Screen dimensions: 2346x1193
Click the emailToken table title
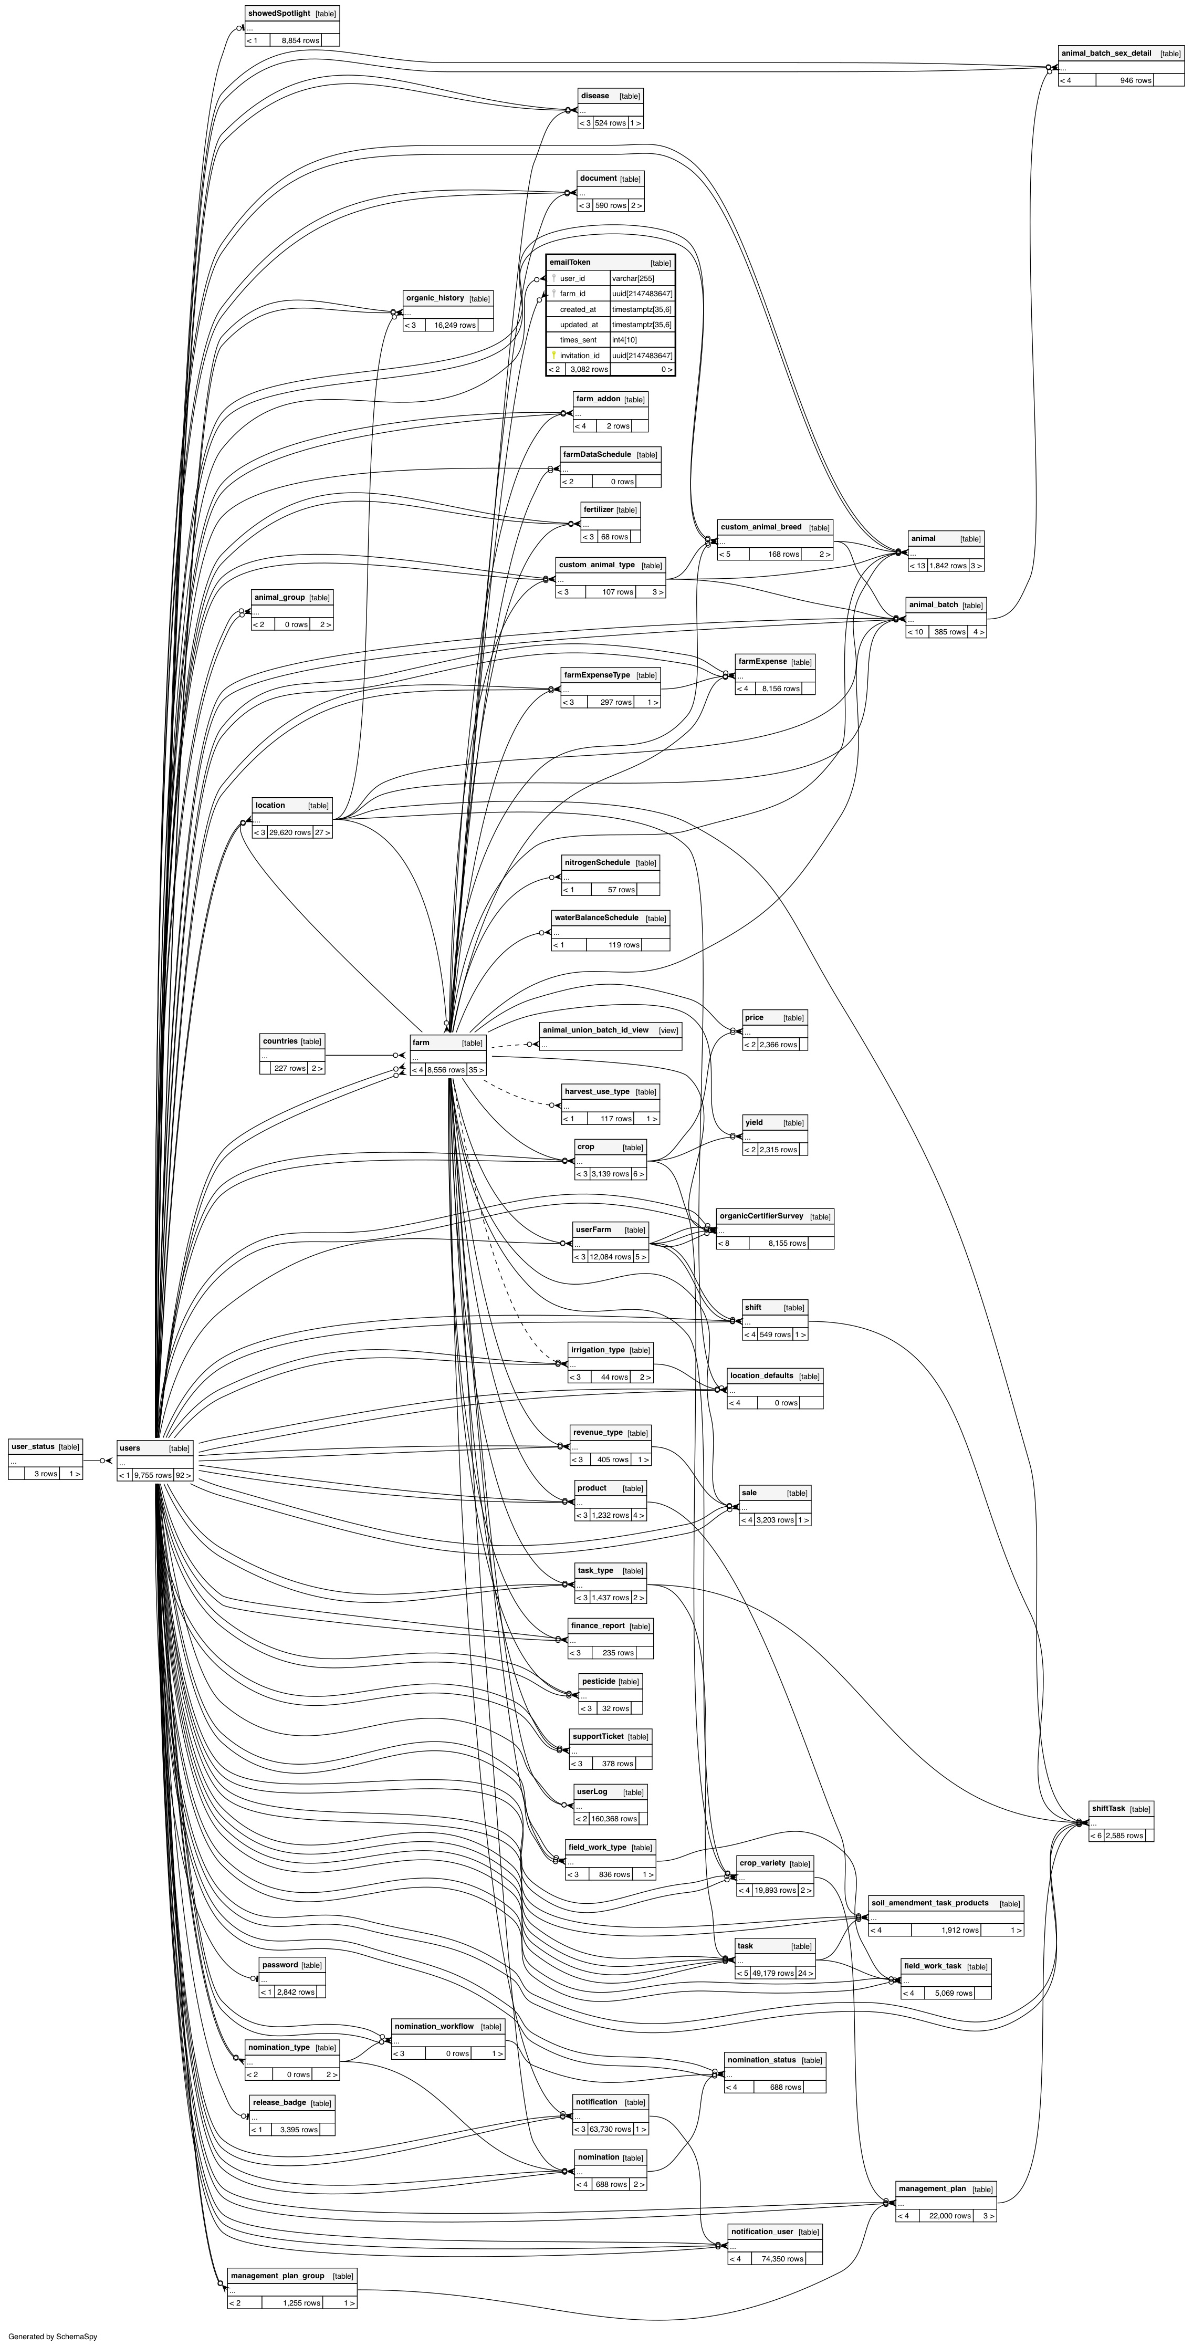[570, 262]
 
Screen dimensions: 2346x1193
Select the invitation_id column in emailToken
[579, 355]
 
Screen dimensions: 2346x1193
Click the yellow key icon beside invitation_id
[553, 355]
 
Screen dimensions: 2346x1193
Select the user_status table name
[33, 1446]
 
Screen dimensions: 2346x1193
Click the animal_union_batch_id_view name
[595, 1030]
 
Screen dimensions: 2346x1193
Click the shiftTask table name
[1108, 1808]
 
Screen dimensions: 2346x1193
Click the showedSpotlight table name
[279, 14]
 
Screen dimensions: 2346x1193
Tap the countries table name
[279, 1041]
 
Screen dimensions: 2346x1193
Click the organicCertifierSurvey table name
[761, 1216]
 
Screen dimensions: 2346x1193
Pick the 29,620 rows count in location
[290, 832]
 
